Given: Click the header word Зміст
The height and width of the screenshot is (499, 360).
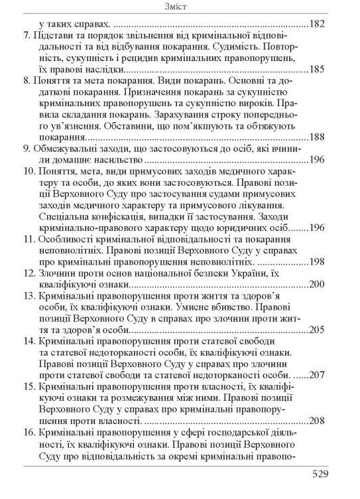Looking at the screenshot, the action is (180, 8).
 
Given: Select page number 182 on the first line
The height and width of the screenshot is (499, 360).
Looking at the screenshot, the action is (316, 24).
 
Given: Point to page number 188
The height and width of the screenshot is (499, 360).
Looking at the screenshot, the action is (316, 137).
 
